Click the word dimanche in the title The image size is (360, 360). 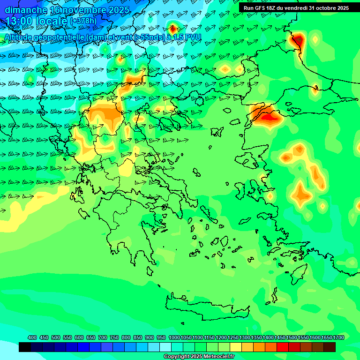(26, 10)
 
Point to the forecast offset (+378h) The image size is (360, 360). (83, 21)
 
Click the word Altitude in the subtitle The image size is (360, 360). (22, 37)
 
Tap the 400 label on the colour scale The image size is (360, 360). (32, 337)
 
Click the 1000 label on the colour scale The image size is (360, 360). (174, 337)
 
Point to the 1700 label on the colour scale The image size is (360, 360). (338, 337)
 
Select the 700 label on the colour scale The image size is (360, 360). (103, 337)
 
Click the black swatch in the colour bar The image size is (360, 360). (25, 347)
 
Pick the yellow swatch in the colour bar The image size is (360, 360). (236, 347)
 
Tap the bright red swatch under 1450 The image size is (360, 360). (283, 347)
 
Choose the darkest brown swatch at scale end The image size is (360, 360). (330, 347)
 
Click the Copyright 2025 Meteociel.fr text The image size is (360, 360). (199, 357)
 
